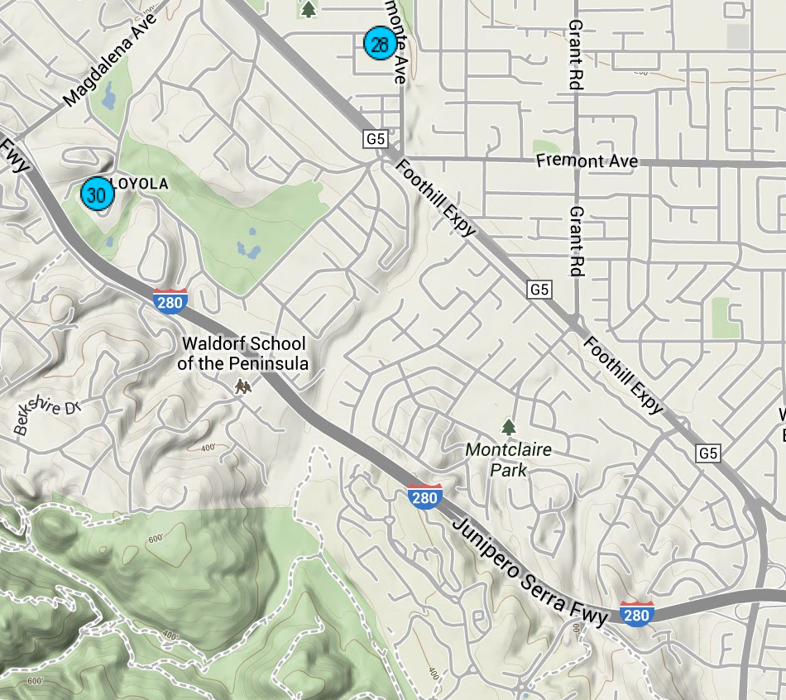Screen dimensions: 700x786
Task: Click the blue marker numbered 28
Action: [379, 44]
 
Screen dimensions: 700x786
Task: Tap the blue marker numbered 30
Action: [97, 194]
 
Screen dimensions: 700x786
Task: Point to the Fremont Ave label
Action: [587, 161]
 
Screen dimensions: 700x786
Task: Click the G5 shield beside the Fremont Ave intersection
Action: [376, 140]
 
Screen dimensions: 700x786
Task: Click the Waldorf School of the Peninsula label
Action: [243, 353]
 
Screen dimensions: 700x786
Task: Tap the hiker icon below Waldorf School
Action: [242, 386]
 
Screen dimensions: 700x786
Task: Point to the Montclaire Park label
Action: [508, 460]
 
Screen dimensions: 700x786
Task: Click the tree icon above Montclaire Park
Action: [508, 427]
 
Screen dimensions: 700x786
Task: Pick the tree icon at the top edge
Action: [309, 9]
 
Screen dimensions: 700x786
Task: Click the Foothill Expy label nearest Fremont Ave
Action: [436, 198]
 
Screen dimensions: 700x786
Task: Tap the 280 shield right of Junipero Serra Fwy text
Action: [636, 614]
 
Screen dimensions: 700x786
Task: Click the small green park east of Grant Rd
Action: [725, 317]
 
